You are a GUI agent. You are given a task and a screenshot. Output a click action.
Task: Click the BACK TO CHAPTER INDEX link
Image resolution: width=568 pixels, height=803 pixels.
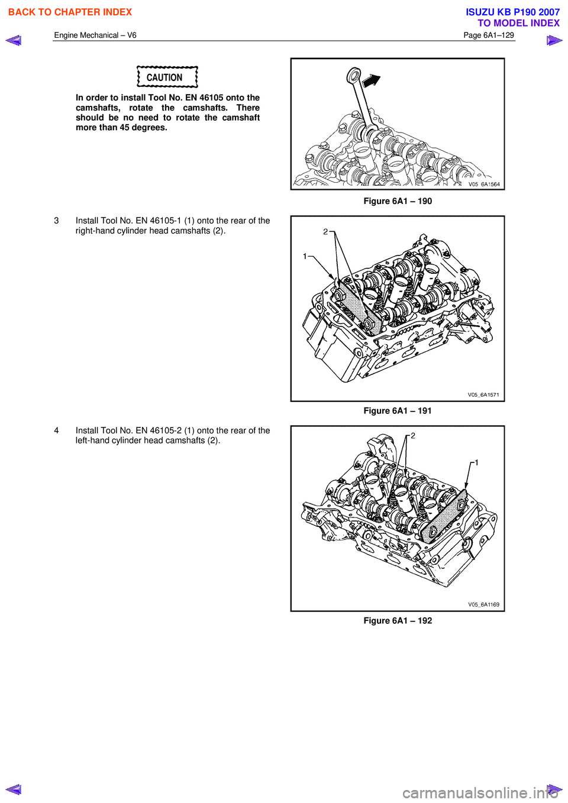click(70, 12)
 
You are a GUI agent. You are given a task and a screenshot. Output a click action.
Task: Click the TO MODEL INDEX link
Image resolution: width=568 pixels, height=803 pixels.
click(518, 23)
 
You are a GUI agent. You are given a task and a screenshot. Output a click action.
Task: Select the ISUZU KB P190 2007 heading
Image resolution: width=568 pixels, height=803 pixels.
click(512, 12)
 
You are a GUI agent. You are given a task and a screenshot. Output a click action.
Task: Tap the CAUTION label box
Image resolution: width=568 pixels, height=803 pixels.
click(167, 77)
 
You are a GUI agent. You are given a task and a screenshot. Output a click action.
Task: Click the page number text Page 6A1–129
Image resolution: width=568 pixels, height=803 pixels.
click(488, 35)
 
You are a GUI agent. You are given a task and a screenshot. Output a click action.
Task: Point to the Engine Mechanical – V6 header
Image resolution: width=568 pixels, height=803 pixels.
click(95, 35)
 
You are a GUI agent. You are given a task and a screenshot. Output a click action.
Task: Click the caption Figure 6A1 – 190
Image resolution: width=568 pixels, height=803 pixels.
click(398, 201)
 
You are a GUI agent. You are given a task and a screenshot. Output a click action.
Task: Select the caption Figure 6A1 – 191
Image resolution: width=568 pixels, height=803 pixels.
click(398, 411)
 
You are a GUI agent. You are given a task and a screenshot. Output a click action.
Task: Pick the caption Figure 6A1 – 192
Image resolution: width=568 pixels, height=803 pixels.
click(398, 621)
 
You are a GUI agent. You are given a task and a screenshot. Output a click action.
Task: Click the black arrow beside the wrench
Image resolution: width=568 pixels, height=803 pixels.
click(371, 80)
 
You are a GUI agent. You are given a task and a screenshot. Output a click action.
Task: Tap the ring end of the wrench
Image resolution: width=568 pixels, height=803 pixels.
click(354, 75)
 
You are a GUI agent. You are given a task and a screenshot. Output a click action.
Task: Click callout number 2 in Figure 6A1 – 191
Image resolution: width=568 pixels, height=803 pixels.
click(325, 232)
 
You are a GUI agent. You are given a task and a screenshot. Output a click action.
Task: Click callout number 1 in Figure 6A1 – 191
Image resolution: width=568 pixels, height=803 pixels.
click(305, 256)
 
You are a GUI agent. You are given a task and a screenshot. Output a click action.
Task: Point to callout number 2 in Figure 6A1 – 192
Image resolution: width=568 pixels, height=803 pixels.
click(413, 436)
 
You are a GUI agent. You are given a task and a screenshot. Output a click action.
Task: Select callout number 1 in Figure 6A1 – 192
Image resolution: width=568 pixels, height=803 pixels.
click(476, 462)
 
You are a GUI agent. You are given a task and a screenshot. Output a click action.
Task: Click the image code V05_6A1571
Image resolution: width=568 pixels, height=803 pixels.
click(483, 394)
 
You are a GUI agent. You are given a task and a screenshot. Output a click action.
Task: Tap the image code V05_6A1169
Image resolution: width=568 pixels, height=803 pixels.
click(483, 604)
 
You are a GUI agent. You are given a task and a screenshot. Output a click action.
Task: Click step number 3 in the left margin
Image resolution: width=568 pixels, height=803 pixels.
click(57, 221)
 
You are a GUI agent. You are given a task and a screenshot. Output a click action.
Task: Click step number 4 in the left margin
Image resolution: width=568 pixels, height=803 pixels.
click(57, 430)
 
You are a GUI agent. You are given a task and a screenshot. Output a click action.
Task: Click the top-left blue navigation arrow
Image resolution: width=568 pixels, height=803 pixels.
click(13, 41)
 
